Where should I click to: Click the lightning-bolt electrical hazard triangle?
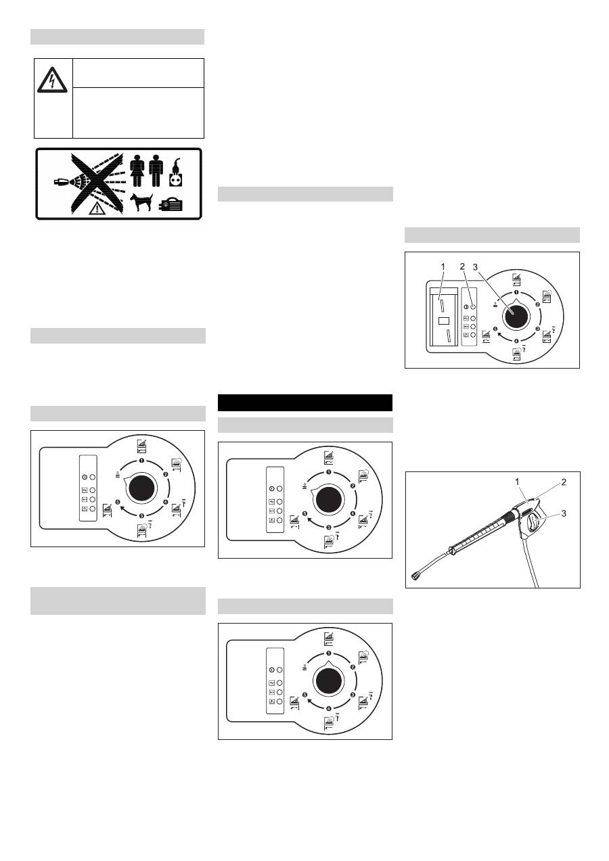[52, 80]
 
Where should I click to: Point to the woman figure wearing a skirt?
[137, 170]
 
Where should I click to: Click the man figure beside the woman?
[156, 170]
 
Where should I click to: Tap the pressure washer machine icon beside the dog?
[171, 204]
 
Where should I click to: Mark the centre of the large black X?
[97, 183]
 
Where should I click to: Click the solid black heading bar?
[305, 402]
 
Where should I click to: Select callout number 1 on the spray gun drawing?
[517, 482]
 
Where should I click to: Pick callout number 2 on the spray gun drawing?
[564, 482]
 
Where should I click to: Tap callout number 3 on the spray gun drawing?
[564, 513]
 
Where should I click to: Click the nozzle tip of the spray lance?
[415, 576]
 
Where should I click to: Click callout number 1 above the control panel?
[443, 266]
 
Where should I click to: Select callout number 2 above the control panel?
[462, 266]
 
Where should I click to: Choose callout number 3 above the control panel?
[475, 266]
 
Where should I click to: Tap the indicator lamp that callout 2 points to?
[473, 307]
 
